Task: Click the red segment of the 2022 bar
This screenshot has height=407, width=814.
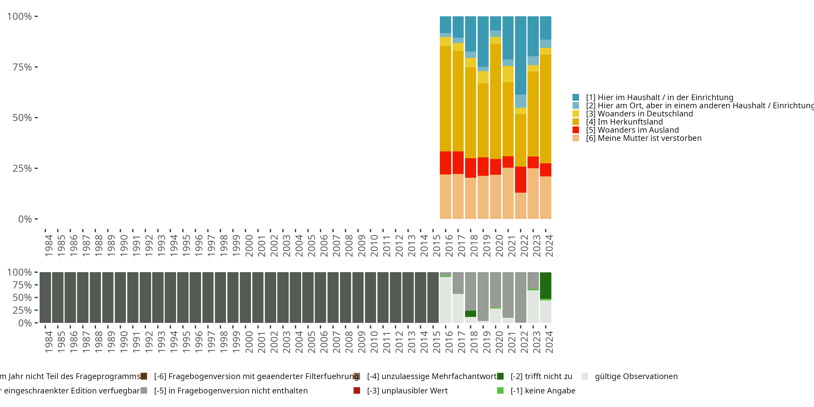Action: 520,179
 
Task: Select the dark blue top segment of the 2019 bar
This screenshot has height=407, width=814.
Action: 483,41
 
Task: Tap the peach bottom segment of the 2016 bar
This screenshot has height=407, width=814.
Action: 445,196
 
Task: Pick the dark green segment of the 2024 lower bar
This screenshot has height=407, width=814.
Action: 545,286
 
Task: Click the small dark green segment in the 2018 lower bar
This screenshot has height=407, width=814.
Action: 470,314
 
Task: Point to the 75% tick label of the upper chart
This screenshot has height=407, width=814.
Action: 22,67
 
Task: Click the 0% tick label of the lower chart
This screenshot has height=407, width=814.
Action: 25,323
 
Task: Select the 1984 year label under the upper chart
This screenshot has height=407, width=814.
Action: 48,246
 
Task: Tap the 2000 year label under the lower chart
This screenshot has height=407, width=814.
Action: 249,342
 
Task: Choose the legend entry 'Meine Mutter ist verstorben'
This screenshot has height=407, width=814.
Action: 643,138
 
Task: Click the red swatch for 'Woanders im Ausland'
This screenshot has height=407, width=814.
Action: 576,130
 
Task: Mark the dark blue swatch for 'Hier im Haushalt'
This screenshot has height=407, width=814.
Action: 576,97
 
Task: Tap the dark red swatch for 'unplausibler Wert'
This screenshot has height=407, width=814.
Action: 357,390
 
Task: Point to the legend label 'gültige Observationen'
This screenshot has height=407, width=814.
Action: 636,376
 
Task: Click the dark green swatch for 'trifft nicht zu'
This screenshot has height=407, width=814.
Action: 500,376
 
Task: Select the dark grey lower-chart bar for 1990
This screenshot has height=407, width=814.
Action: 120,297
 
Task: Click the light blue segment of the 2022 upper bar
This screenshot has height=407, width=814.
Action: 520,101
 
